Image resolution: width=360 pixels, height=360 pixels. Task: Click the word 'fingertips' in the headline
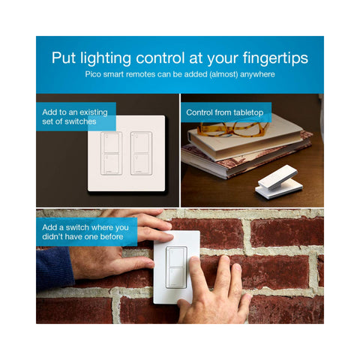pos(275,58)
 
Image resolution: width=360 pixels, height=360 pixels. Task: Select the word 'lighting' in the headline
pos(106,58)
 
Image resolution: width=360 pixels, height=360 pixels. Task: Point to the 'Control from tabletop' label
pos(225,112)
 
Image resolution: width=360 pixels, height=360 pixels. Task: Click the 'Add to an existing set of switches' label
pos(76,117)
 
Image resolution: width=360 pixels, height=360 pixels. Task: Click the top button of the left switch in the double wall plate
pos(111,142)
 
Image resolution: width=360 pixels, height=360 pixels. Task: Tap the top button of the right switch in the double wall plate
pos(141,142)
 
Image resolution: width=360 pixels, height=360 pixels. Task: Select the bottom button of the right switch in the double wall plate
pos(141,163)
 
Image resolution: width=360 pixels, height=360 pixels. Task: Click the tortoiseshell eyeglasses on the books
pos(232,129)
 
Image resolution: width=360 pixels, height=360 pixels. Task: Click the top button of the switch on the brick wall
pos(176,256)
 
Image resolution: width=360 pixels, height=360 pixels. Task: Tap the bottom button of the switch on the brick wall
pos(176,277)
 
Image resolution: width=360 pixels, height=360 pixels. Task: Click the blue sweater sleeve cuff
pos(55,268)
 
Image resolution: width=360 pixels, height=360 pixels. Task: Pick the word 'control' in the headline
pos(160,58)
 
